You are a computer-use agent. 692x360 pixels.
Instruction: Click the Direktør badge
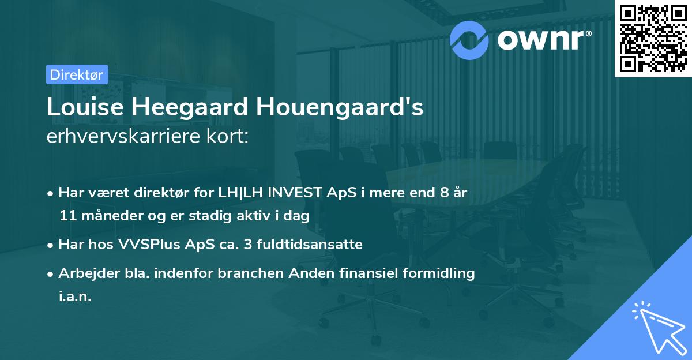pos(77,74)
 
